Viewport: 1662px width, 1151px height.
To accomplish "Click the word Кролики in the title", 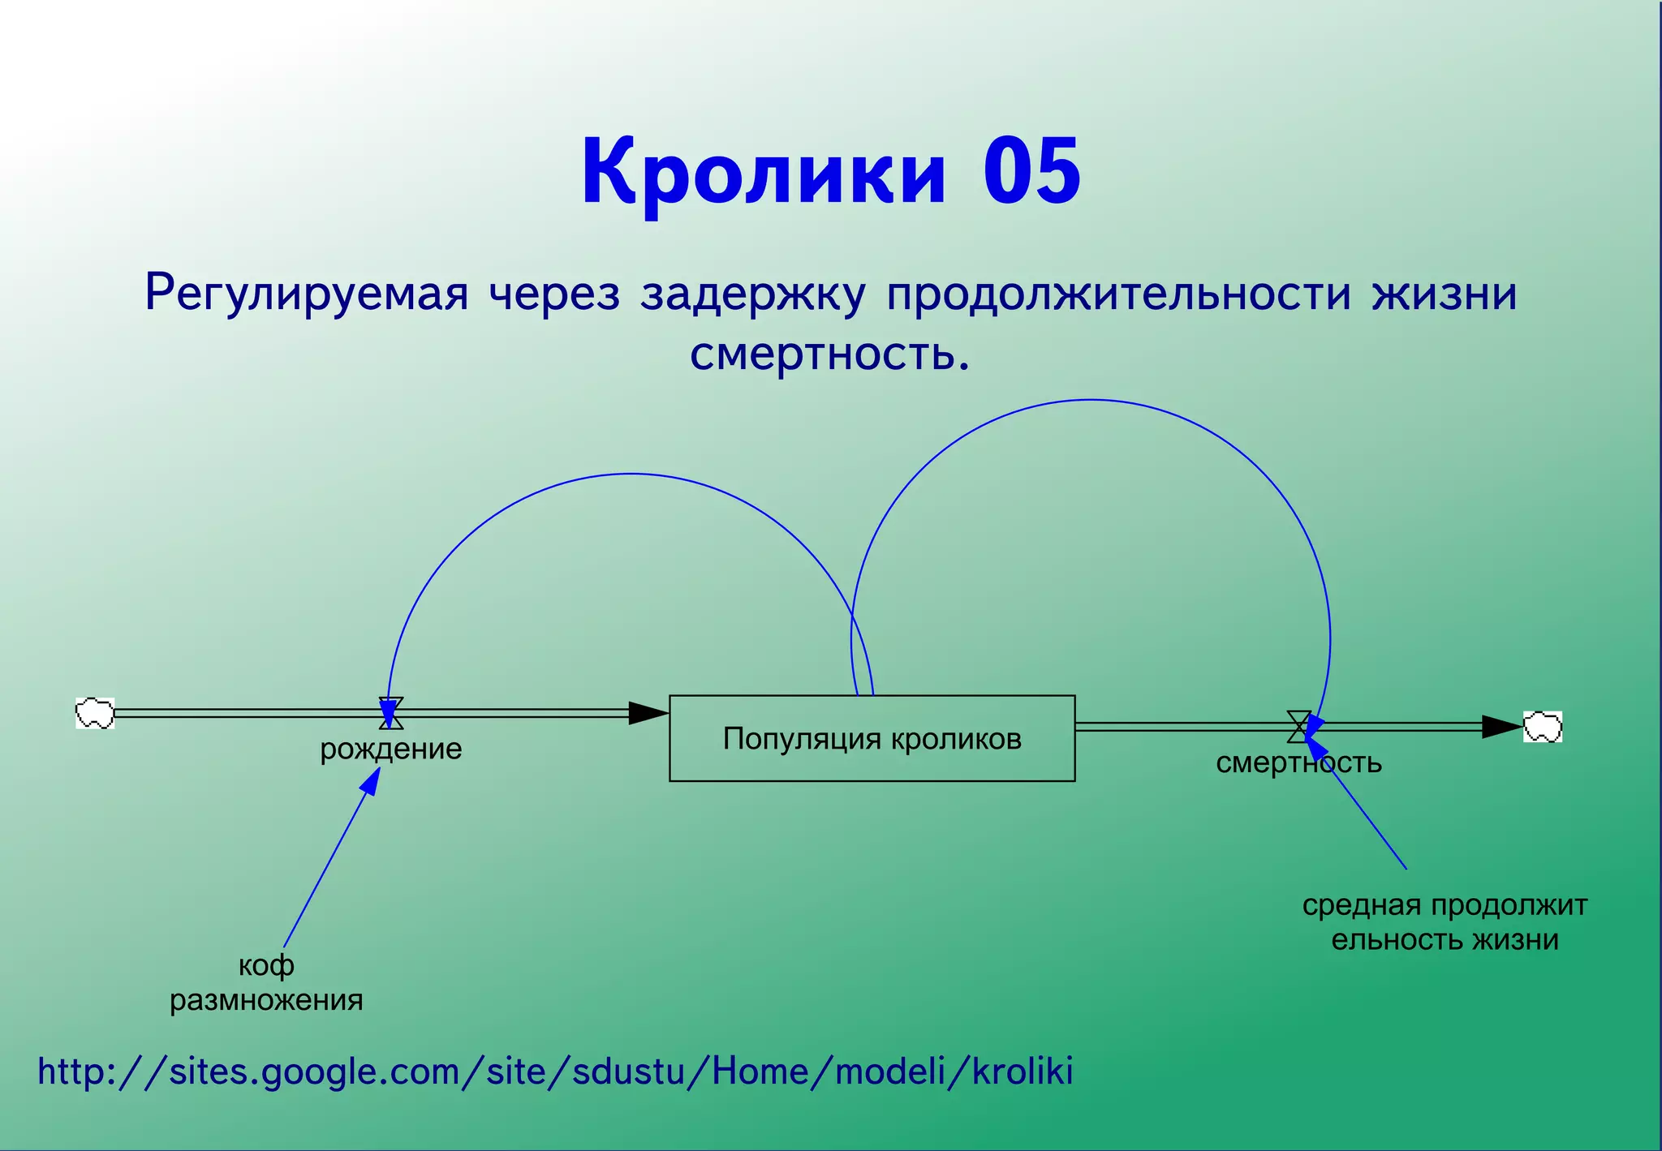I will pyautogui.click(x=763, y=172).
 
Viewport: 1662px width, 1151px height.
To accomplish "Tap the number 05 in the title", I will pyautogui.click(x=1031, y=172).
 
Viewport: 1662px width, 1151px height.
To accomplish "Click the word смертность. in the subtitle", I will pyautogui.click(x=829, y=354).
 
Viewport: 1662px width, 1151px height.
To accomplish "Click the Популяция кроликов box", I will pyautogui.click(x=872, y=738).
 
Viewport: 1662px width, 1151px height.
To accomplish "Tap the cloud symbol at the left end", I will pyautogui.click(x=95, y=713).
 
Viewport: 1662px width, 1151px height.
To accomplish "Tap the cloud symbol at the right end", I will pyautogui.click(x=1542, y=727).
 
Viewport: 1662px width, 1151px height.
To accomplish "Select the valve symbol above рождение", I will pyautogui.click(x=391, y=713).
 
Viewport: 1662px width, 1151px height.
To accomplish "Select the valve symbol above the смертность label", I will pyautogui.click(x=1298, y=727).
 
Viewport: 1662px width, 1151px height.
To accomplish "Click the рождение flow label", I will pyautogui.click(x=390, y=749).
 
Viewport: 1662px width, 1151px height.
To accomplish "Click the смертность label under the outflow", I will pyautogui.click(x=1298, y=763).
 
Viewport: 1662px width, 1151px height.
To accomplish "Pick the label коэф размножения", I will pyautogui.click(x=266, y=982).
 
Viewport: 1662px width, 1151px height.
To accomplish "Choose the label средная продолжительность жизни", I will pyautogui.click(x=1445, y=922).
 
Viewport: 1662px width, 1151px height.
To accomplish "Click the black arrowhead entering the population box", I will pyautogui.click(x=648, y=713).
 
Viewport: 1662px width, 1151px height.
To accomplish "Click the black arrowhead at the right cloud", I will pyautogui.click(x=1501, y=727).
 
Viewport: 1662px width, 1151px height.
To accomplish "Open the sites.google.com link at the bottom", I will pyautogui.click(x=555, y=1072).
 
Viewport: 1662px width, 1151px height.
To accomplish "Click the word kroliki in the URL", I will pyautogui.click(x=1023, y=1072).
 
